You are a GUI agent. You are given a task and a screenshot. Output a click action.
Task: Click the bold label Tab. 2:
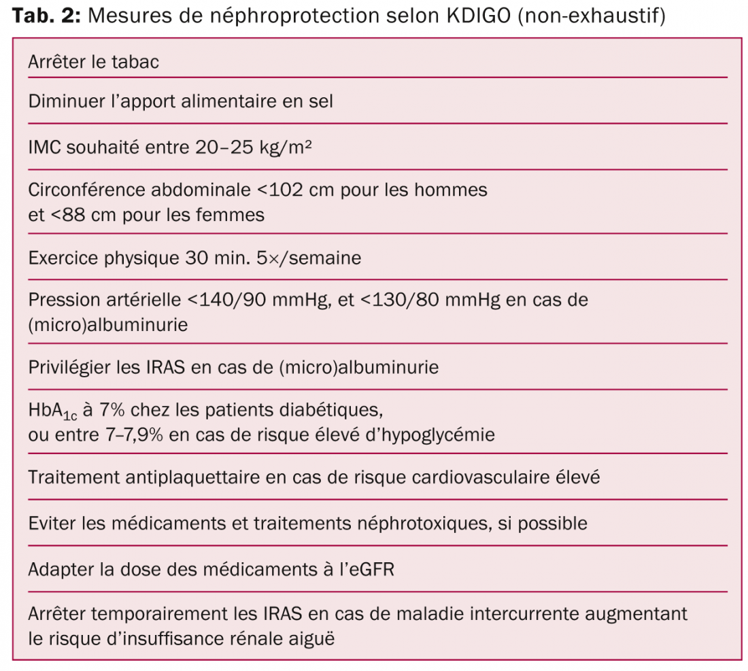[46, 16]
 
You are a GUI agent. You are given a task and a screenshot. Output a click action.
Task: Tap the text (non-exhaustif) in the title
[591, 16]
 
